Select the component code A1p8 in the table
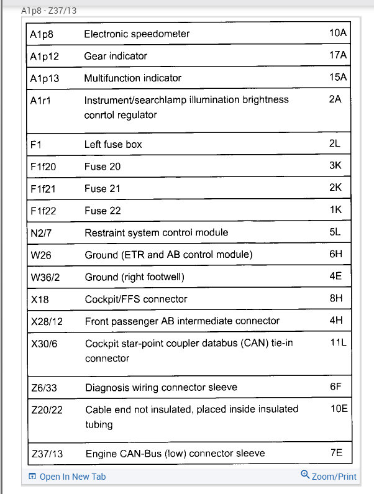[42, 34]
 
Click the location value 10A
[338, 33]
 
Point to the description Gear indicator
[116, 56]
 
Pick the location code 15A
[338, 78]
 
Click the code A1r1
[40, 100]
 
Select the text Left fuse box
[113, 144]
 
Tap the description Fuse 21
[103, 188]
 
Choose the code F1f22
[43, 211]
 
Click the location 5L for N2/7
[335, 232]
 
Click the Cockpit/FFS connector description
[136, 299]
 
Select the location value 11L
[337, 342]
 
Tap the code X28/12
[47, 321]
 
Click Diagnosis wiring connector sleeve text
[161, 387]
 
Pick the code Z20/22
[47, 409]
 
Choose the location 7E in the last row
[336, 453]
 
